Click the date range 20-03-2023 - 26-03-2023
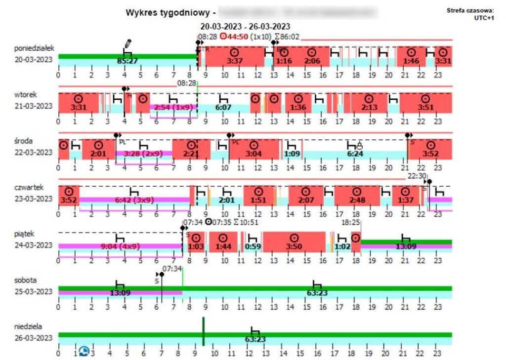(x=245, y=26)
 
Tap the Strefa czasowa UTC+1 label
(x=470, y=13)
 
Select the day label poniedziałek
(x=34, y=48)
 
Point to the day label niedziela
(x=28, y=326)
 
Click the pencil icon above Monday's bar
(x=128, y=43)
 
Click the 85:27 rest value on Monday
(x=127, y=61)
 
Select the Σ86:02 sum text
(x=287, y=36)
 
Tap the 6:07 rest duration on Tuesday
(x=223, y=107)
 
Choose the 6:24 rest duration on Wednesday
(x=355, y=154)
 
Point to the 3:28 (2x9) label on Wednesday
(x=144, y=154)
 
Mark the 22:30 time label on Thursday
(x=417, y=175)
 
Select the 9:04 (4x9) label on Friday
(x=120, y=246)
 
